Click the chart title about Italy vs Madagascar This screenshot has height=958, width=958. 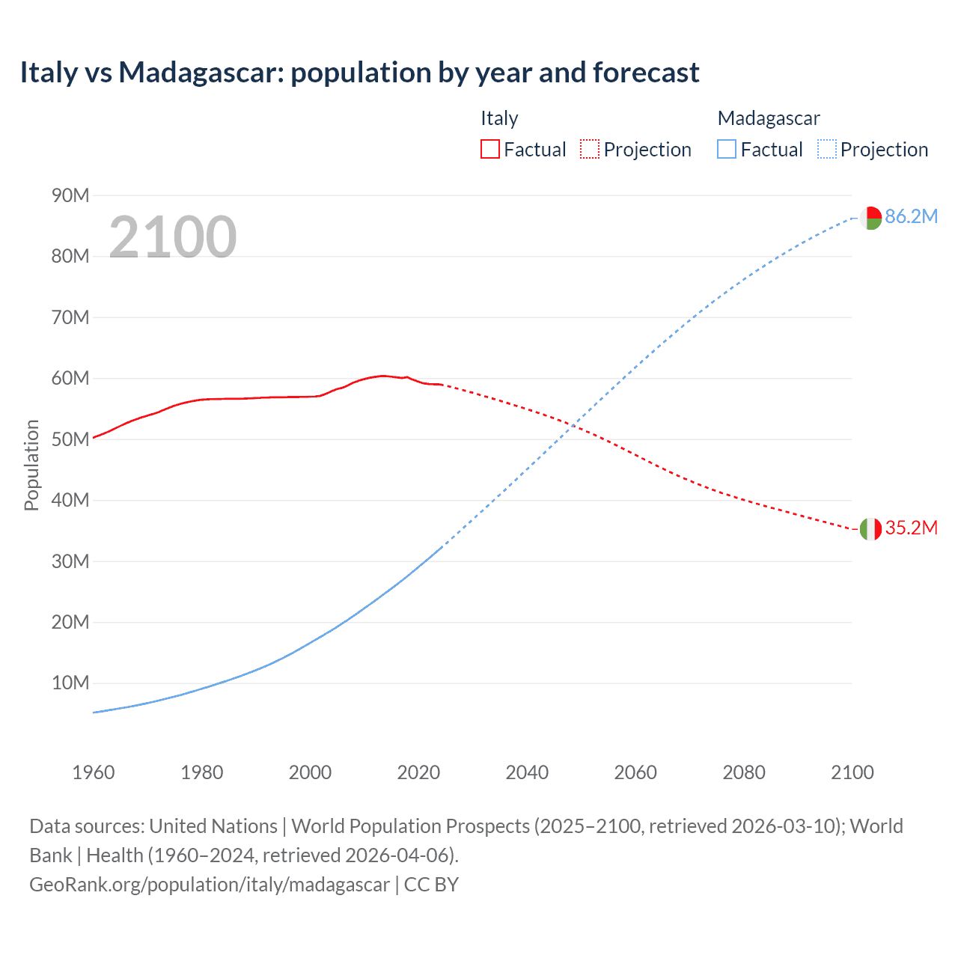359,73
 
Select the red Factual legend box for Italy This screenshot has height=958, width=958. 489,149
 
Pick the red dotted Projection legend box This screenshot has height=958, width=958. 590,149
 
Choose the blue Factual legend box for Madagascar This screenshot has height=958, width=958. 726,149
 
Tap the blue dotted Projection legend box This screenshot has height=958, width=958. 826,149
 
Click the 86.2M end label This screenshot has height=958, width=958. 911,217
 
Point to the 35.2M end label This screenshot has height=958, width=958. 911,528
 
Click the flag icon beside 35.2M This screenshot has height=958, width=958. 870,529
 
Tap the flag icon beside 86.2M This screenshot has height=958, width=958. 870,218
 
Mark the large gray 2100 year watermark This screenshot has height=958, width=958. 173,237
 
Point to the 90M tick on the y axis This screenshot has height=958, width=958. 70,196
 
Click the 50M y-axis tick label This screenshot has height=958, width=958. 70,439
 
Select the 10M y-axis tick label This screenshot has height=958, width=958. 70,683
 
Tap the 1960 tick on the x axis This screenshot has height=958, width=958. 94,772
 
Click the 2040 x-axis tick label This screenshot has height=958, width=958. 527,772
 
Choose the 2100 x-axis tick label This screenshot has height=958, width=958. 852,772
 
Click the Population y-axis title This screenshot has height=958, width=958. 31,465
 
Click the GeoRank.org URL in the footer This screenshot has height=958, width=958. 210,885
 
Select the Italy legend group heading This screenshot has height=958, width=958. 499,118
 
